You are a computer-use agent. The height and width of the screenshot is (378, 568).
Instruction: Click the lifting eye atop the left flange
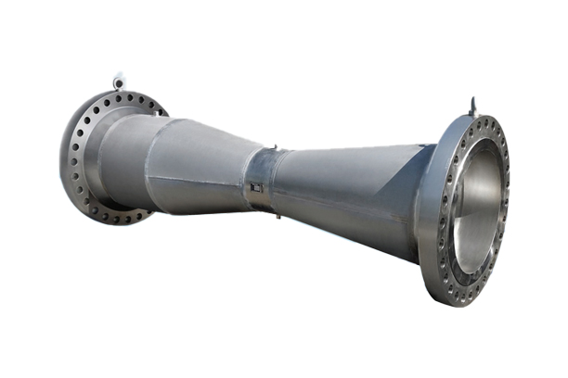(119, 81)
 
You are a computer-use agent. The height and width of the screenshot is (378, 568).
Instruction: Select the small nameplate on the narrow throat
(256, 188)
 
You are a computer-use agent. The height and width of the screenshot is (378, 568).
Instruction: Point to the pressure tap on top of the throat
(275, 146)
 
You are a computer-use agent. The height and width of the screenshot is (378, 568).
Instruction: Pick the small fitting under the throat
(277, 215)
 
